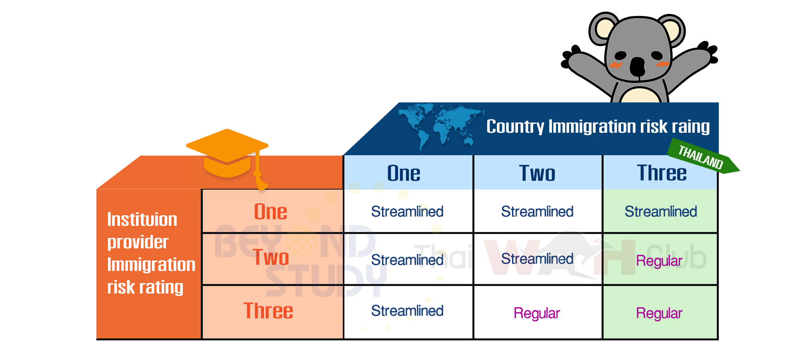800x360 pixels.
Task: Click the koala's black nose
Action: point(637,66)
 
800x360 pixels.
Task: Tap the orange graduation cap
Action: point(227,156)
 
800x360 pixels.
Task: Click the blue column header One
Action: point(404,173)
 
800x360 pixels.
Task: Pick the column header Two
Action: point(537,173)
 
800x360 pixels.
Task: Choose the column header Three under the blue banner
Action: point(662,173)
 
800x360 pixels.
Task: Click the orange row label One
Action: point(271,211)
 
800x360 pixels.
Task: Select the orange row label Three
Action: point(268,310)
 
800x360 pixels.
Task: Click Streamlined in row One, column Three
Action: point(661,212)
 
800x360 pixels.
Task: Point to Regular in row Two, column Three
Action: point(659,261)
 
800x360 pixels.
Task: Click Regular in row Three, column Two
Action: point(537,314)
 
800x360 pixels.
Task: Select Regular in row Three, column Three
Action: point(659,314)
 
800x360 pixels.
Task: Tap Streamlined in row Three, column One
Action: point(407,311)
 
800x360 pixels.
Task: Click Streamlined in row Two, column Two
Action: point(537,259)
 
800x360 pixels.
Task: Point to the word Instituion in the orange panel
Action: point(142,220)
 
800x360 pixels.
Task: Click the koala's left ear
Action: point(604,28)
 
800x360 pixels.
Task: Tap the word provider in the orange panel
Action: point(138,242)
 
